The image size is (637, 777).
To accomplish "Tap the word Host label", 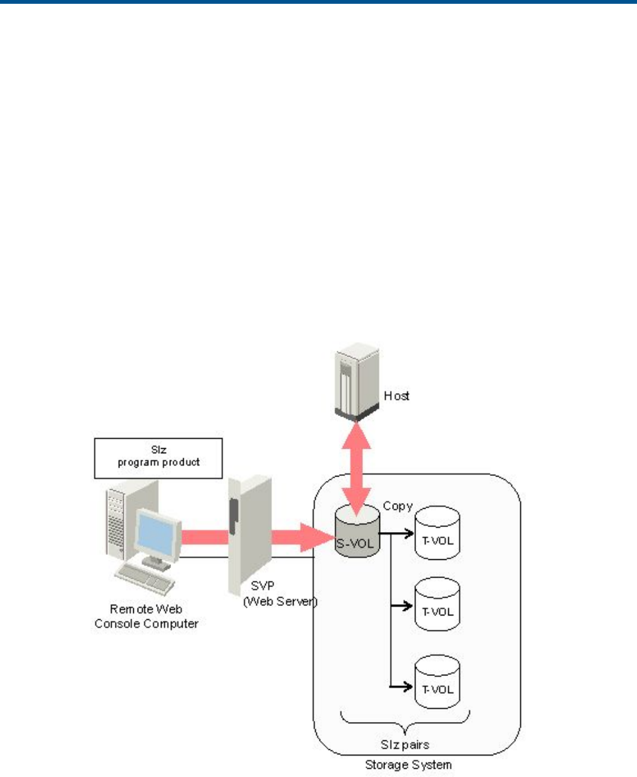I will pyautogui.click(x=396, y=396).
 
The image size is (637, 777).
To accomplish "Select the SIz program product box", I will pyautogui.click(x=158, y=458).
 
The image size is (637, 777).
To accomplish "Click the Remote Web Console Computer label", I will pyautogui.click(x=146, y=616).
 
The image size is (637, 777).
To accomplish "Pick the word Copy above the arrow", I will pyautogui.click(x=398, y=506).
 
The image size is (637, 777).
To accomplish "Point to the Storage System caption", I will pyautogui.click(x=408, y=765).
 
